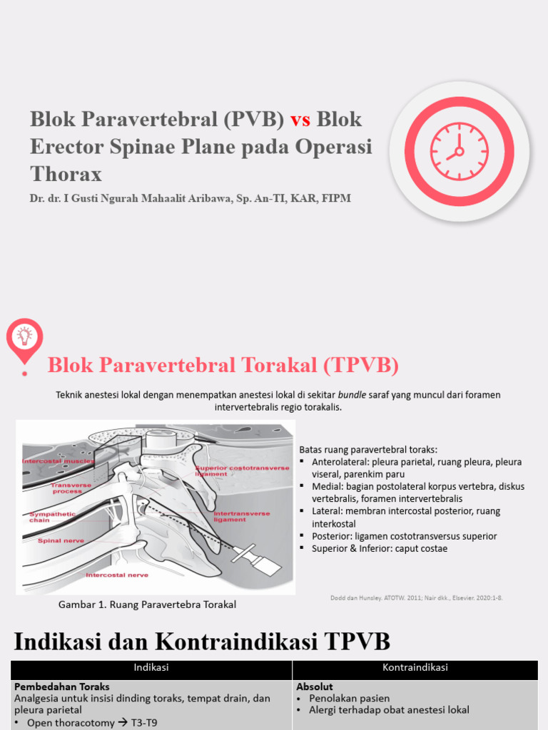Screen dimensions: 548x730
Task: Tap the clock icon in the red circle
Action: pos(459,151)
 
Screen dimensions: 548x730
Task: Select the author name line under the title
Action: pos(191,198)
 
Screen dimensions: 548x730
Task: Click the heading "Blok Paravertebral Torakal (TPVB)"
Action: pos(223,366)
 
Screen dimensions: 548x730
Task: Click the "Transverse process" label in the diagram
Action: pos(66,488)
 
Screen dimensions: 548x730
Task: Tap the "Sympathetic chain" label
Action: pos(49,517)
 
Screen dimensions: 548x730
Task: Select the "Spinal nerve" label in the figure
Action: pos(61,540)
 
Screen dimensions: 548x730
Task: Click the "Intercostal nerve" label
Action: pos(116,575)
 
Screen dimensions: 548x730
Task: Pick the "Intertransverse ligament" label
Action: pos(240,515)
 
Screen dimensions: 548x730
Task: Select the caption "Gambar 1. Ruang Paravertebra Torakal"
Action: pos(146,605)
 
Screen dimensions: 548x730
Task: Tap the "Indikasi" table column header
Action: pos(151,668)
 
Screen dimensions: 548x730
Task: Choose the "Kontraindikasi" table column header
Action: pos(415,668)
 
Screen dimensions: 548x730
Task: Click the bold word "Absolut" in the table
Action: pos(314,687)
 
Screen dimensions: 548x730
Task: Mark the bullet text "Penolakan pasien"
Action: pos(349,699)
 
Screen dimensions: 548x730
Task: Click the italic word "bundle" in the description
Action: pos(352,394)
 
